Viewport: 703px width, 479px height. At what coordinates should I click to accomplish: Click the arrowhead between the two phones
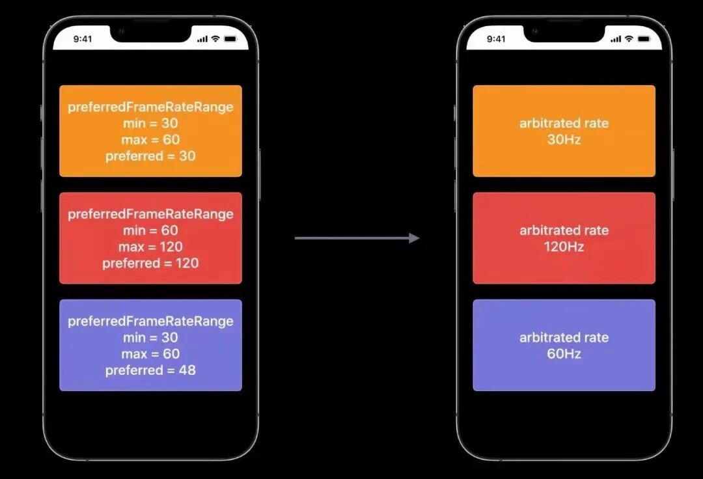(414, 238)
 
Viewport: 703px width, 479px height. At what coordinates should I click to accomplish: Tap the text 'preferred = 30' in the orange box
(150, 156)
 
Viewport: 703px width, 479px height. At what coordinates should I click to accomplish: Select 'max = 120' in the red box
(150, 247)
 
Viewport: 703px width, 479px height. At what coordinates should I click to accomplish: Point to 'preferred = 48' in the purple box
(150, 370)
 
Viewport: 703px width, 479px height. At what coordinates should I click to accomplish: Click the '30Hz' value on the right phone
(564, 139)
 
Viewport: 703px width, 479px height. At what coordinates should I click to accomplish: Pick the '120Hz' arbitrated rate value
(564, 247)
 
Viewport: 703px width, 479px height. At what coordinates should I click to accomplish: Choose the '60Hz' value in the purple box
(564, 354)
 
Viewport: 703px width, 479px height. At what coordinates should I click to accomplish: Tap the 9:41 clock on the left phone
(83, 39)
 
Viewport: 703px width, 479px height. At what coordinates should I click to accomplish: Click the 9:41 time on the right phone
(496, 39)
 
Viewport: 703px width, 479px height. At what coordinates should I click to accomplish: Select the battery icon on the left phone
(230, 39)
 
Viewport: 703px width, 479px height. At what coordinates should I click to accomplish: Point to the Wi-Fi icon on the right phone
(629, 39)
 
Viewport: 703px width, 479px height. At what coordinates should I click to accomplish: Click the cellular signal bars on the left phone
(201, 39)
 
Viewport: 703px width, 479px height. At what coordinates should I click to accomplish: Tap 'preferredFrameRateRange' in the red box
(150, 214)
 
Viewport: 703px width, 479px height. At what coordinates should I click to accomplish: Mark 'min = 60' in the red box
(150, 230)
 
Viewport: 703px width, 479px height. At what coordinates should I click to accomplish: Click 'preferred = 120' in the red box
(150, 263)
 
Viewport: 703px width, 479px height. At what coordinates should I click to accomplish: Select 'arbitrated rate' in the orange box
(564, 123)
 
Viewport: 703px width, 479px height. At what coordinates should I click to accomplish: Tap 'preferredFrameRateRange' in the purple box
(150, 322)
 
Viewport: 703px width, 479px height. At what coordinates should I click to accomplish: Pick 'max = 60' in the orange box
(150, 140)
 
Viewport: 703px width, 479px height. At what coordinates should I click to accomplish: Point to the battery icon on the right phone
(644, 39)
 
